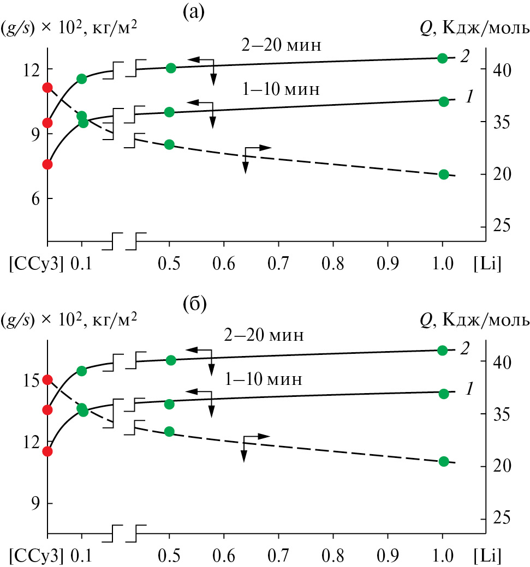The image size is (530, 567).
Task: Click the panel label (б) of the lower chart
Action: [194, 304]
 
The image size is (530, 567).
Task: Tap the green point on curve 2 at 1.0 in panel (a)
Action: [443, 58]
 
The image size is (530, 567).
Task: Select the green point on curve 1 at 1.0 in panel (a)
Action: [443, 101]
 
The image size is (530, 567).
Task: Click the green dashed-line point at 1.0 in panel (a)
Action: [443, 174]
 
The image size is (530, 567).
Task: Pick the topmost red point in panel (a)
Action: [47, 87]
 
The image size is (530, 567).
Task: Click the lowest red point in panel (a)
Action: [47, 164]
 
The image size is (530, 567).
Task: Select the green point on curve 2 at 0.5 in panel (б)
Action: [170, 360]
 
